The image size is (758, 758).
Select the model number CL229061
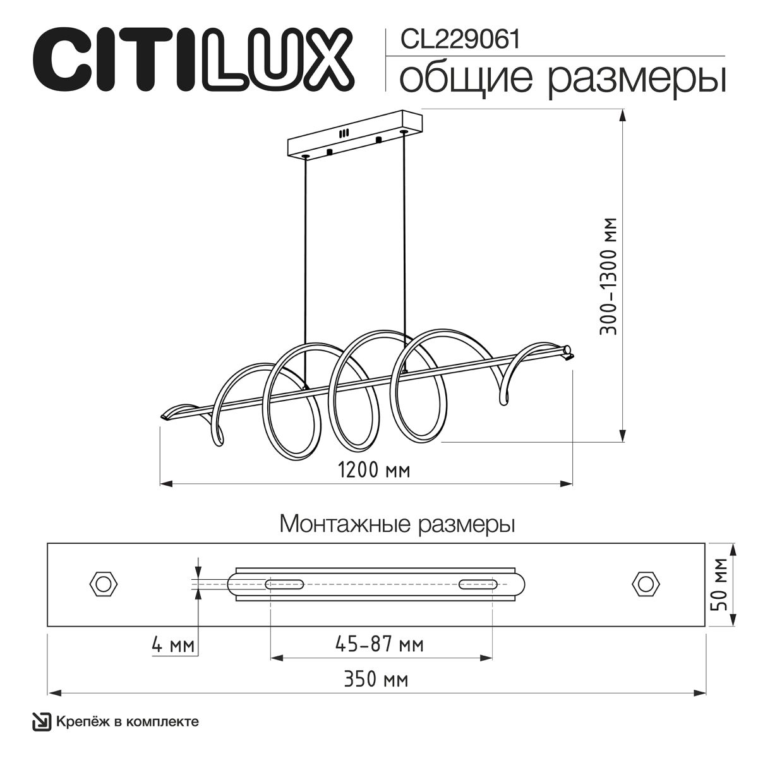click(x=460, y=40)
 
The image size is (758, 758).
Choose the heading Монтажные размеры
click(x=397, y=524)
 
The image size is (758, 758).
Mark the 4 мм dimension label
click(x=172, y=646)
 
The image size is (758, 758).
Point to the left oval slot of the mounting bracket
click(x=284, y=583)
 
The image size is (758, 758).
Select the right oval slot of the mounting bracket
click(x=477, y=583)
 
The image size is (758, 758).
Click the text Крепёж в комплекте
click(x=128, y=721)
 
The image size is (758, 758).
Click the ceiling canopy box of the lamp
click(x=354, y=136)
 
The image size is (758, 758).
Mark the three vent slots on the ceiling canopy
click(x=344, y=134)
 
